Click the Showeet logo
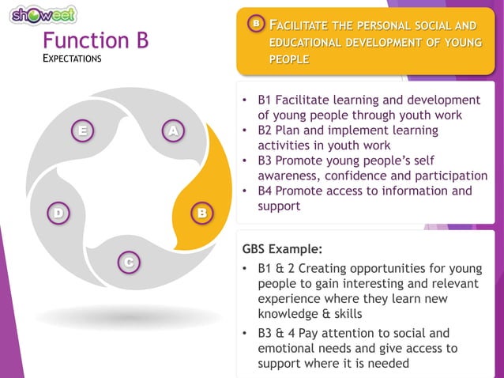pyautogui.click(x=44, y=15)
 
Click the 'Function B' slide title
pyautogui.click(x=95, y=40)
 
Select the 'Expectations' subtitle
pyautogui.click(x=72, y=59)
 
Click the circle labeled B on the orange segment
pyautogui.click(x=201, y=214)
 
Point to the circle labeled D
pyautogui.click(x=57, y=214)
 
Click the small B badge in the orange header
pyautogui.click(x=255, y=25)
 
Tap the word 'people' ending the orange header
pyautogui.click(x=289, y=59)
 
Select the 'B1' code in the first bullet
pyautogui.click(x=266, y=100)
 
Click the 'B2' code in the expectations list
pyautogui.click(x=266, y=130)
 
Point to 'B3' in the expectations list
pyautogui.click(x=266, y=161)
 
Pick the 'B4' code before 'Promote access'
pyautogui.click(x=266, y=191)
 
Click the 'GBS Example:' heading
pyautogui.click(x=282, y=248)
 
